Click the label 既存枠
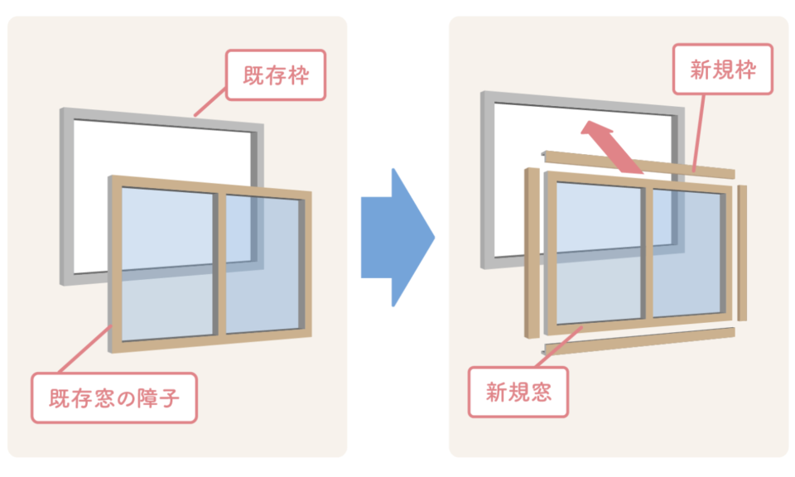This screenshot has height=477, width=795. [x=275, y=75]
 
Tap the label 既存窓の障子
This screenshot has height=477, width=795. [x=114, y=398]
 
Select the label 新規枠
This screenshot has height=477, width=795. [x=722, y=69]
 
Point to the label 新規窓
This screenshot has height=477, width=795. [x=518, y=392]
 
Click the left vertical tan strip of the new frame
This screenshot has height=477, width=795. [x=532, y=253]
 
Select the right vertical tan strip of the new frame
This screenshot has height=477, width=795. [x=742, y=253]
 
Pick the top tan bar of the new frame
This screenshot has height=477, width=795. [x=638, y=164]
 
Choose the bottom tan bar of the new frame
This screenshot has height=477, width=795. [x=638, y=340]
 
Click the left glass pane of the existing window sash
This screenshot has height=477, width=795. [x=167, y=263]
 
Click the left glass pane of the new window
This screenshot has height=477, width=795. [x=599, y=253]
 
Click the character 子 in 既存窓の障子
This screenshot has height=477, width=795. [x=169, y=398]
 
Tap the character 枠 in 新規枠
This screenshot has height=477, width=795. [x=745, y=70]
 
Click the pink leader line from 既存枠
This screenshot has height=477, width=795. [x=210, y=102]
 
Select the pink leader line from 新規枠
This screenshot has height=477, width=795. [x=698, y=132]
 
